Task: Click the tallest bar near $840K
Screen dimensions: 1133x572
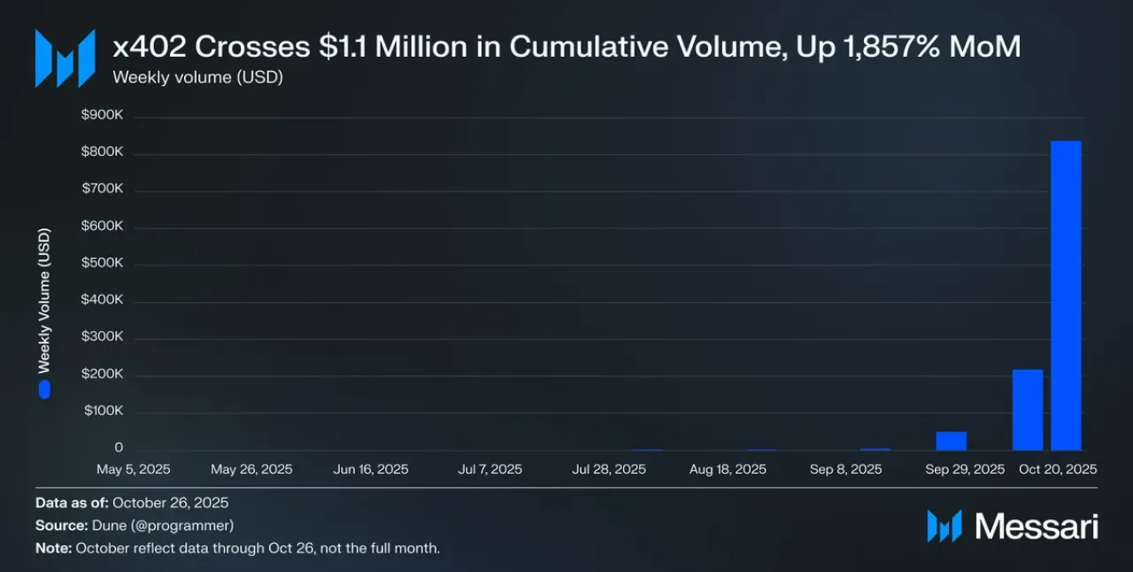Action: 1067,296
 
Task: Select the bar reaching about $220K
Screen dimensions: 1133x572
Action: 1028,410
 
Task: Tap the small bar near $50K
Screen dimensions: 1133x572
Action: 952,441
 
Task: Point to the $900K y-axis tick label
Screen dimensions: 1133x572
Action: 102,114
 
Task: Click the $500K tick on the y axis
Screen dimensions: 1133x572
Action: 102,262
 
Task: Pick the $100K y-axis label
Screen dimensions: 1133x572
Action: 104,410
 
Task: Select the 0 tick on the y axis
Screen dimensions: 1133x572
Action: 119,447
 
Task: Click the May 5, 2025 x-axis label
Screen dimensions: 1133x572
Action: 134,469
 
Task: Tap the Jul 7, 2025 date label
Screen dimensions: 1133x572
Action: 490,469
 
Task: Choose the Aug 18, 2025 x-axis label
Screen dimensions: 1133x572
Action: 728,469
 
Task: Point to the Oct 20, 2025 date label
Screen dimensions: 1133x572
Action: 1058,469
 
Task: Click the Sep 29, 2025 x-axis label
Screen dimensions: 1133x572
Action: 965,469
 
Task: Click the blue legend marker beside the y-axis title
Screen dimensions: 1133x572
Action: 44,390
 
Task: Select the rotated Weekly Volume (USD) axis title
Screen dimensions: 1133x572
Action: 44,301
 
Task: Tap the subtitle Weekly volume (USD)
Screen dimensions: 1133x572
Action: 197,77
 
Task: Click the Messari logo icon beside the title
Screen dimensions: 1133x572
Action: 66,58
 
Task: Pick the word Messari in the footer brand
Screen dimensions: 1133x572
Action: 1037,527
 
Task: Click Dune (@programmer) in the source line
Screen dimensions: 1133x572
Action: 163,525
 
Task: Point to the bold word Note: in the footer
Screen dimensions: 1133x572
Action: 54,548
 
